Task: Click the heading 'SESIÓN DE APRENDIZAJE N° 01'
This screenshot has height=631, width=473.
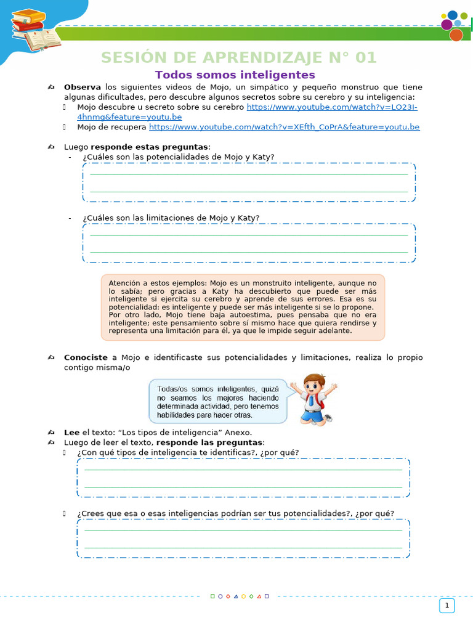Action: pos(238,58)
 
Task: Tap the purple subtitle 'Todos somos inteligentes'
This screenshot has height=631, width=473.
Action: pos(235,75)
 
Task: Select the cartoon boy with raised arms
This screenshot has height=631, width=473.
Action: pos(313,399)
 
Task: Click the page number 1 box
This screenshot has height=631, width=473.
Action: pos(447,606)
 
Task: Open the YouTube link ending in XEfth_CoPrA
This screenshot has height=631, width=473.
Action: pos(284,127)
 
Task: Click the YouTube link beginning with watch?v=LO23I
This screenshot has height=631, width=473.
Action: pos(332,107)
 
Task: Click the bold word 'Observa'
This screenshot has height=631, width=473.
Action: pos(83,87)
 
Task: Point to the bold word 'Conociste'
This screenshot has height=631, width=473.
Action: pos(86,357)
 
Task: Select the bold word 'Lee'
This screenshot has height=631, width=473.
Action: pos(71,432)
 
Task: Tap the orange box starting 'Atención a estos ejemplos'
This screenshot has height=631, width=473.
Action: pos(243,307)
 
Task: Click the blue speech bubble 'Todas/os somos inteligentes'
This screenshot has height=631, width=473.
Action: pos(218,402)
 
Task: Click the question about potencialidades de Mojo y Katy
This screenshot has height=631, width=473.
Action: pos(179,157)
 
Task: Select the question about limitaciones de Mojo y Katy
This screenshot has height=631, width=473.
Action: pos(171,218)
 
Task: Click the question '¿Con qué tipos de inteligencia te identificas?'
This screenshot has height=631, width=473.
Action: pos(188,452)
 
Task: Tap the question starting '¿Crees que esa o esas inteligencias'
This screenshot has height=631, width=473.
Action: pos(235,513)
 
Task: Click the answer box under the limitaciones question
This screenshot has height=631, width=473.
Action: pos(249,243)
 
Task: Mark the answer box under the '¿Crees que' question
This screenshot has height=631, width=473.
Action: pos(243,538)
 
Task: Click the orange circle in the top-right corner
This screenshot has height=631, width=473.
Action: pos(456,35)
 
